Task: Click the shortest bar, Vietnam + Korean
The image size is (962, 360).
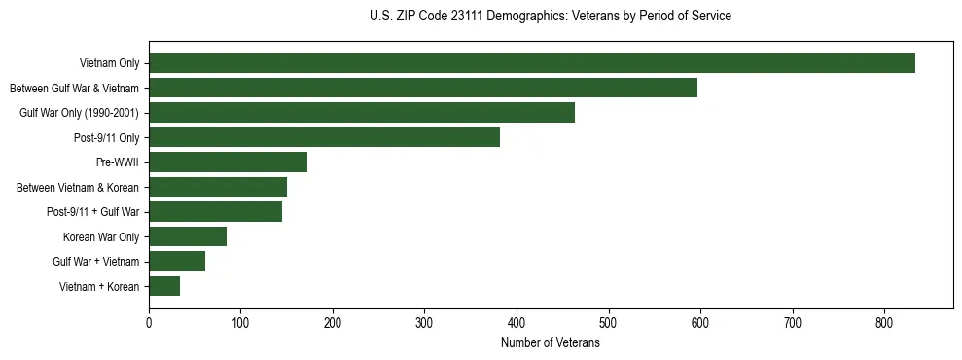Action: point(164,286)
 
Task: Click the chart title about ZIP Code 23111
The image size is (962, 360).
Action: point(551,17)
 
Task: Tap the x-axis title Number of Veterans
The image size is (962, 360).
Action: point(551,343)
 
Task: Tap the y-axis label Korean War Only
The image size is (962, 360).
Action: point(101,236)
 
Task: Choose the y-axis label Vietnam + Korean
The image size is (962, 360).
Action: point(99,286)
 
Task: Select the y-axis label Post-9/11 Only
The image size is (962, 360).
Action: point(106,137)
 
